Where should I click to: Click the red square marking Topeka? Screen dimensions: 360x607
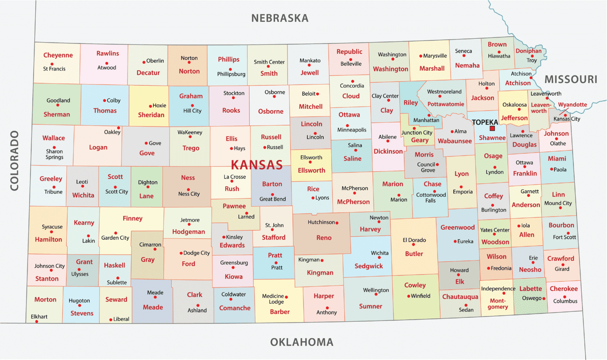point(492,128)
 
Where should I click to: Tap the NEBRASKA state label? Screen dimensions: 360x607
point(280,18)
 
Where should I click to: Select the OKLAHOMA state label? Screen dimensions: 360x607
point(302,342)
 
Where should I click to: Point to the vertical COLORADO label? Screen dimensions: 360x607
point(15,161)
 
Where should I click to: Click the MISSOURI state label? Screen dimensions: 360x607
point(571,79)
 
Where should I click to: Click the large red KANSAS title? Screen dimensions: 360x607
point(256,165)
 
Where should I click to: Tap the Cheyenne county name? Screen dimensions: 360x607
point(58,55)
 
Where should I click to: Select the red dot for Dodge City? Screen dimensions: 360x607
point(181,253)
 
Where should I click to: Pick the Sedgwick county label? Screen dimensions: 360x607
point(368,266)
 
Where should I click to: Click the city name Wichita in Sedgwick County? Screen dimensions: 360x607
point(379,253)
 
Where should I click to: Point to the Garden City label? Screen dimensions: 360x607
point(115,238)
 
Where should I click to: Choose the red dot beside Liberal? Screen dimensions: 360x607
point(111,320)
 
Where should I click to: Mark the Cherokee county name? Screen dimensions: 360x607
point(564,288)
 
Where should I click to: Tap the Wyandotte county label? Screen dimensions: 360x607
point(572,105)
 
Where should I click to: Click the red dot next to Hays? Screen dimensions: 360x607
point(231,149)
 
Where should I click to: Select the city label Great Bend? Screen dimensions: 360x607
point(272,199)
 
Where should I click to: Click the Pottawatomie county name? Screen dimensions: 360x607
point(445,104)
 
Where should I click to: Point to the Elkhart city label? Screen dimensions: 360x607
point(39,317)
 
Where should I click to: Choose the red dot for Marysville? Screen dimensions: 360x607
point(420,56)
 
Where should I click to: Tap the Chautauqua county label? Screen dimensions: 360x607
point(460,297)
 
